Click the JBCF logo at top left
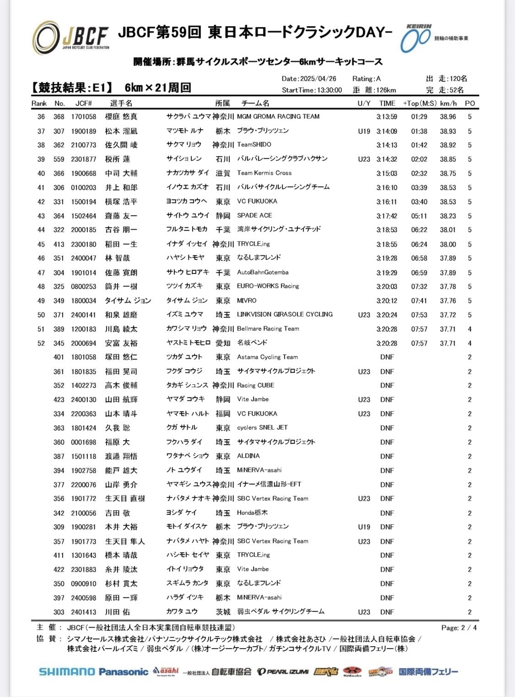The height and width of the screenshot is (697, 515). point(71,37)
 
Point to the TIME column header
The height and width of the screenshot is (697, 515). point(387,103)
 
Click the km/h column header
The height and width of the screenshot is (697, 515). point(448,103)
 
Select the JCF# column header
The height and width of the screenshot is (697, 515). point(84,103)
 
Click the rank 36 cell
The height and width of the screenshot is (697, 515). point(41,117)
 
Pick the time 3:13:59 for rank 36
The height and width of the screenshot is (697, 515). point(387,117)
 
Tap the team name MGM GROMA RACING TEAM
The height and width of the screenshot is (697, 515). point(278,117)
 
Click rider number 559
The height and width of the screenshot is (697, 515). point(59,159)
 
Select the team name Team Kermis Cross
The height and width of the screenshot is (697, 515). point(264,173)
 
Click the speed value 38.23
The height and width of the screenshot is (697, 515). point(448,216)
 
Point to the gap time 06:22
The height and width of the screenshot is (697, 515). point(419,230)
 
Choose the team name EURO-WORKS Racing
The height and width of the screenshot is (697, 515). point(268,286)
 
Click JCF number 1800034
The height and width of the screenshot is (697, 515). point(84,301)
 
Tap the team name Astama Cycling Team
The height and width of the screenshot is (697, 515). point(267,357)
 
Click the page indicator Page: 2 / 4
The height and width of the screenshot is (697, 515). point(459,628)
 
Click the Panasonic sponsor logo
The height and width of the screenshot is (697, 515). point(124,672)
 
